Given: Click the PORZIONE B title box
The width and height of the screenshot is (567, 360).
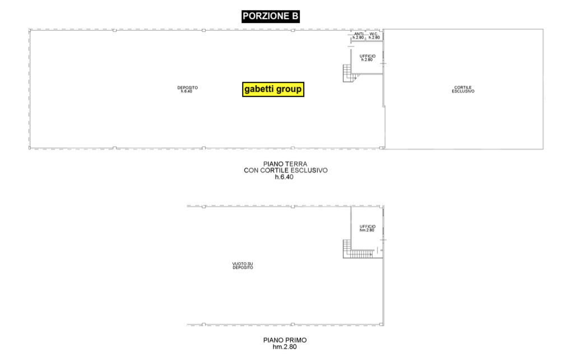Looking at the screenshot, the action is pyautogui.click(x=271, y=16).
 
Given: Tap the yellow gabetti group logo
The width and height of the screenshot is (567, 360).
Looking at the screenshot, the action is pyautogui.click(x=273, y=89).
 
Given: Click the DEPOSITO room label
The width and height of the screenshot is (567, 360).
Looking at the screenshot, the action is pyautogui.click(x=187, y=87).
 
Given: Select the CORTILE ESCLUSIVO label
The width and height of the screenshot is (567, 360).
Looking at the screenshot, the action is pyautogui.click(x=463, y=89).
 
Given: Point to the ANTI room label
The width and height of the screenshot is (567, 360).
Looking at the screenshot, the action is pyautogui.click(x=359, y=34).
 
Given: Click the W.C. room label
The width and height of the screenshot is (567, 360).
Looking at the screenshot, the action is pyautogui.click(x=374, y=34).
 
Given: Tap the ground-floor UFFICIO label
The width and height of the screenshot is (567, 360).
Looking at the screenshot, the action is pyautogui.click(x=368, y=56).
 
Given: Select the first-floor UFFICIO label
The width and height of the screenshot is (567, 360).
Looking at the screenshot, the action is pyautogui.click(x=368, y=226).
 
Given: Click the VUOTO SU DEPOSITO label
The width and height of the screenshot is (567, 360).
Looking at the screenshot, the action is pyautogui.click(x=243, y=266).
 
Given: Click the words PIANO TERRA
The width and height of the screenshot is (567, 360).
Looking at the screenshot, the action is pyautogui.click(x=285, y=164).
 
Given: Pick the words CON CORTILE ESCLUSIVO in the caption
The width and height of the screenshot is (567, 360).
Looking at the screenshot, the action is pyautogui.click(x=286, y=170).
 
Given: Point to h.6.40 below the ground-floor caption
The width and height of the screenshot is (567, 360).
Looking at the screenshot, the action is pyautogui.click(x=284, y=177).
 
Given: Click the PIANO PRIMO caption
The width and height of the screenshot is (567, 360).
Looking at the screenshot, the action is pyautogui.click(x=285, y=340).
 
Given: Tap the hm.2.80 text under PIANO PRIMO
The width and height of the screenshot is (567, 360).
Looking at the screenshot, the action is pyautogui.click(x=285, y=347).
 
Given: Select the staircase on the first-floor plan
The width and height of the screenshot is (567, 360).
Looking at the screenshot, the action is pyautogui.click(x=358, y=249).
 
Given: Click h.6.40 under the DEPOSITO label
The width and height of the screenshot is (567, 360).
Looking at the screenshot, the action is pyautogui.click(x=187, y=91).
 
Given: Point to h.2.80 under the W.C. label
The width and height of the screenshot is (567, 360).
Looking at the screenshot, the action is pyautogui.click(x=374, y=38).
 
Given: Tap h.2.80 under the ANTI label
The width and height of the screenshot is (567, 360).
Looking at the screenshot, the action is pyautogui.click(x=359, y=38).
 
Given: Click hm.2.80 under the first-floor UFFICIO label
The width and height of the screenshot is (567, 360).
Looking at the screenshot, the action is pyautogui.click(x=367, y=230).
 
